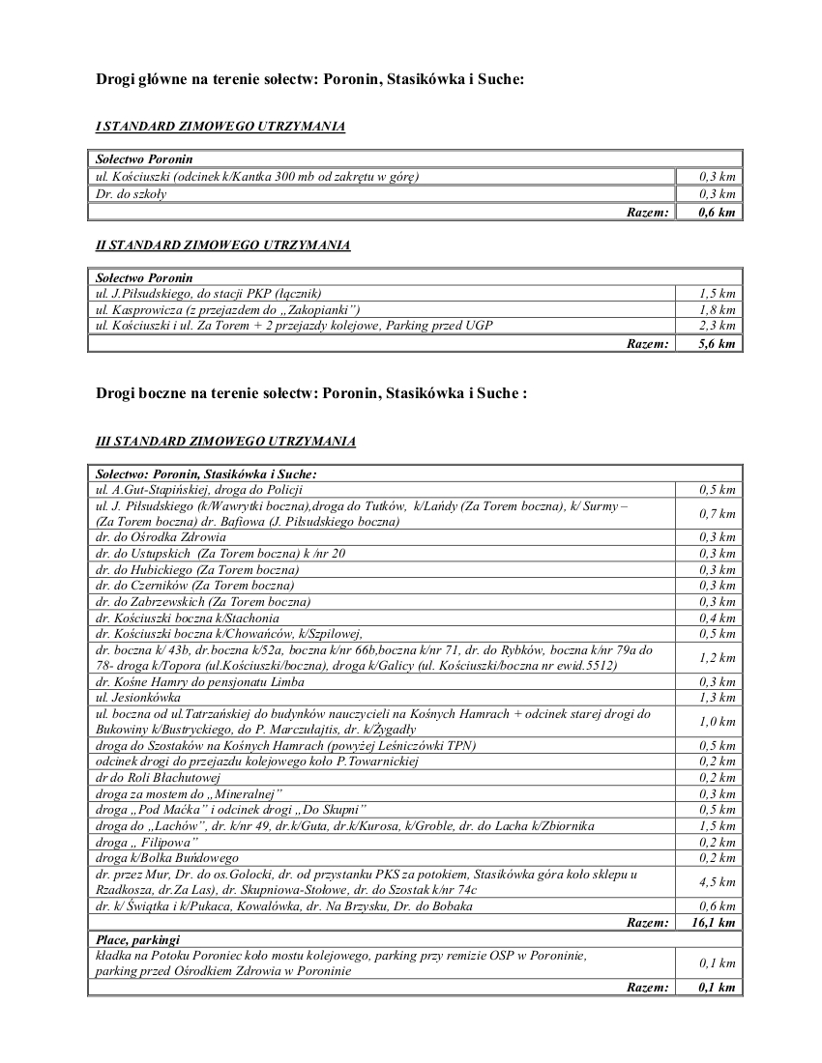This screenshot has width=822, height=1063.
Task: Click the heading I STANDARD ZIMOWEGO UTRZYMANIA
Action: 220,127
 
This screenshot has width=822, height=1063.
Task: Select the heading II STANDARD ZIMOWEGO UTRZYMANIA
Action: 222,245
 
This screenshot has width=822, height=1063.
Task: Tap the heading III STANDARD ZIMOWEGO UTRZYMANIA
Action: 225,442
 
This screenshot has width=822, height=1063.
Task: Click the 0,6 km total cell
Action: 718,212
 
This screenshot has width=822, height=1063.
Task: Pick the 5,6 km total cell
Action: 718,343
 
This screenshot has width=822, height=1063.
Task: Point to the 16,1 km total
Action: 716,923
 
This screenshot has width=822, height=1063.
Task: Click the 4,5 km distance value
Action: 718,881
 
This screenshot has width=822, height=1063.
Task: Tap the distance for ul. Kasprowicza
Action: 718,309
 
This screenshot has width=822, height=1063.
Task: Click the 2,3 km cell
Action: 718,326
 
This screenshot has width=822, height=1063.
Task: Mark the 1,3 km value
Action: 718,698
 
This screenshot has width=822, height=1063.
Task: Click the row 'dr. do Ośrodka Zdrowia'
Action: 161,536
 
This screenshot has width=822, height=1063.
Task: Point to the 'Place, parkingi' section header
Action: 137,939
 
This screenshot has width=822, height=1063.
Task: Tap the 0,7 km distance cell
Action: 718,514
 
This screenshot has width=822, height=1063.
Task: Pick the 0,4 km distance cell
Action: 718,618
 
